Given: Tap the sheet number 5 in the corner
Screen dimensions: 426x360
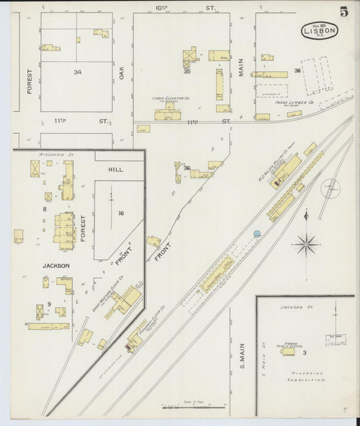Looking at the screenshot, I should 344,11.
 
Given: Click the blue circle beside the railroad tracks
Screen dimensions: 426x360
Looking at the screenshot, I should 257,234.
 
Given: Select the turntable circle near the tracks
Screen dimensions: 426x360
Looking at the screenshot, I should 331,188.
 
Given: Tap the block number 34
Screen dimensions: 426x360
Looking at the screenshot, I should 78,72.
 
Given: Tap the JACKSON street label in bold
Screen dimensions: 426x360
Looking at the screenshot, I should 57,265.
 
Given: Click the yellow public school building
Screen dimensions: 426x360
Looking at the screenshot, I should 288,351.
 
